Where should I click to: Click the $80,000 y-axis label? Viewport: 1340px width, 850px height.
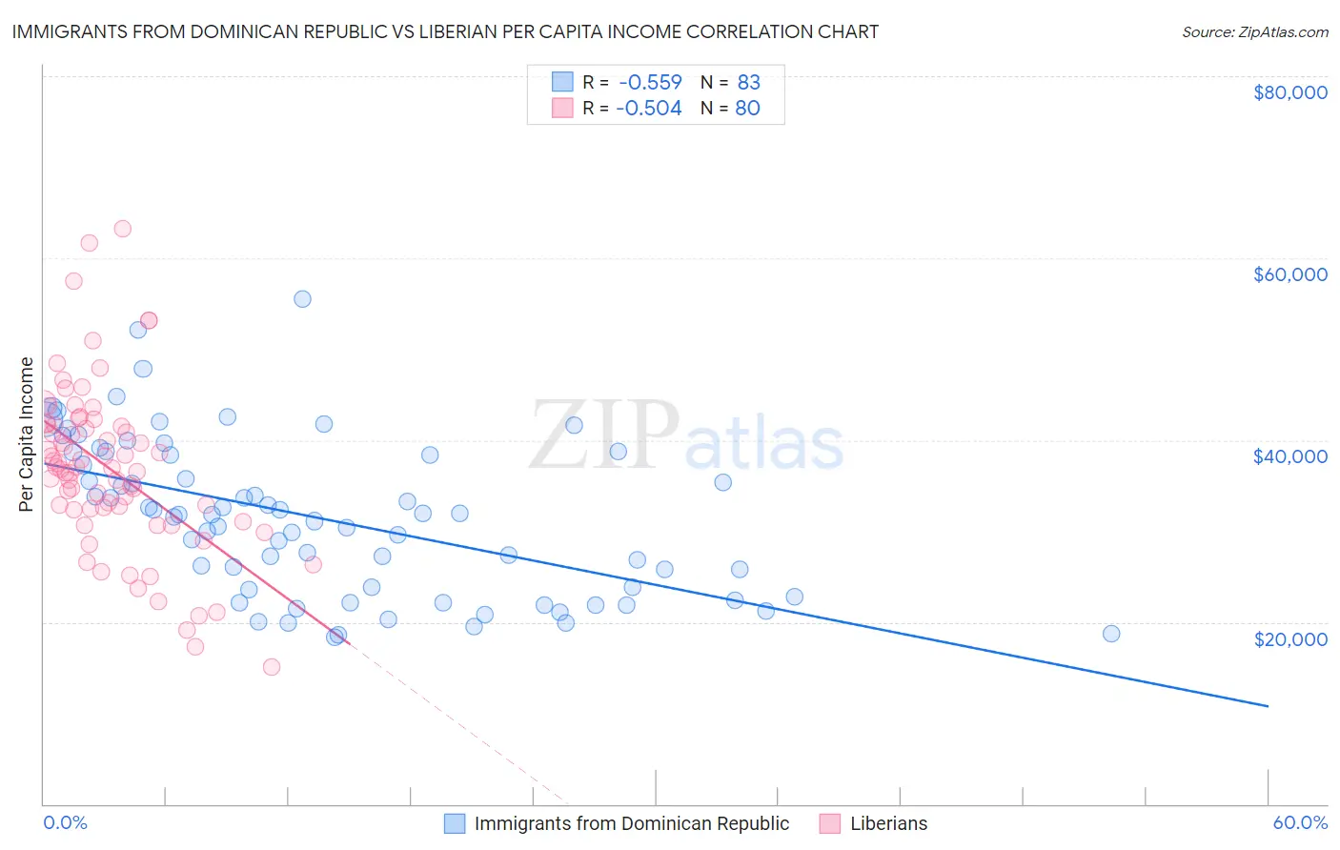click(x=1289, y=92)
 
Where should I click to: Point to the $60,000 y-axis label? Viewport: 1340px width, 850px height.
click(x=1289, y=274)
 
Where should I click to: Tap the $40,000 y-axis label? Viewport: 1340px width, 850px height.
click(x=1289, y=456)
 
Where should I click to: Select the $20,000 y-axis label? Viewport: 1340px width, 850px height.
click(x=1289, y=638)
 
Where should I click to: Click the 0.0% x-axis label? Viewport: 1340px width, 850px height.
click(x=65, y=823)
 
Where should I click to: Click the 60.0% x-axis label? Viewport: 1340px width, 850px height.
click(x=1300, y=823)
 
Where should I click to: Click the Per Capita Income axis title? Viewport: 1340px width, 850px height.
click(x=27, y=434)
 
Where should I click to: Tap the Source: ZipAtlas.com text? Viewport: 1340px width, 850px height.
click(x=1254, y=31)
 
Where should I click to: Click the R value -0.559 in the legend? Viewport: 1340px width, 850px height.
click(x=650, y=82)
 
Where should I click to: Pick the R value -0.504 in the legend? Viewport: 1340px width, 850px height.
click(x=649, y=108)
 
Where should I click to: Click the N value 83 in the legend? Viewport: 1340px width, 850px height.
click(x=749, y=82)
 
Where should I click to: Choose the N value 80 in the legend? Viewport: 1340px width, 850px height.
click(x=748, y=108)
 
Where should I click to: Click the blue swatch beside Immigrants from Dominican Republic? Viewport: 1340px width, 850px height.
click(x=455, y=823)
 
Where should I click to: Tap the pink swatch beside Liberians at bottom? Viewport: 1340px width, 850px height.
click(x=830, y=823)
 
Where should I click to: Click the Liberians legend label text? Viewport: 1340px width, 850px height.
click(x=888, y=823)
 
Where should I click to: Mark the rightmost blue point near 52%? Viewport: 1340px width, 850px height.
click(x=1110, y=634)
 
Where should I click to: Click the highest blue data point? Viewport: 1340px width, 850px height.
click(x=302, y=298)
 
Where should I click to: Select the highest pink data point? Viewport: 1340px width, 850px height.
click(x=122, y=229)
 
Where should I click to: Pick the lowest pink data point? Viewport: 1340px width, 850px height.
click(x=272, y=667)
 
